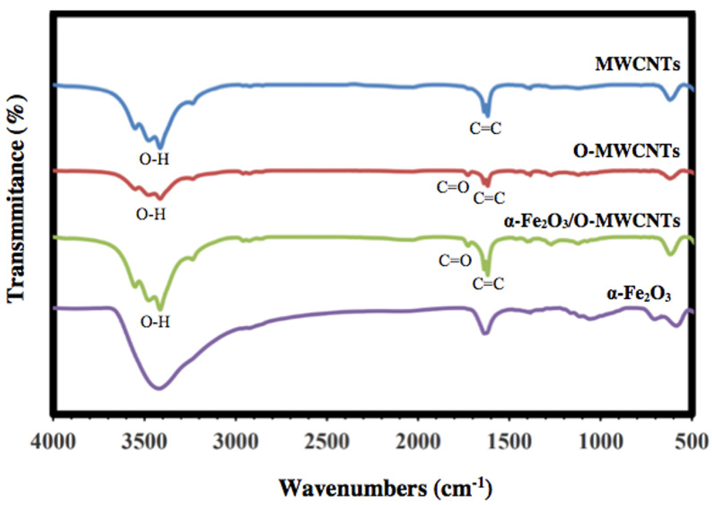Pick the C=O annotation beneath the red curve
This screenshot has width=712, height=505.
(452, 188)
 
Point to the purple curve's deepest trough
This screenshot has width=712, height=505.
(159, 388)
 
